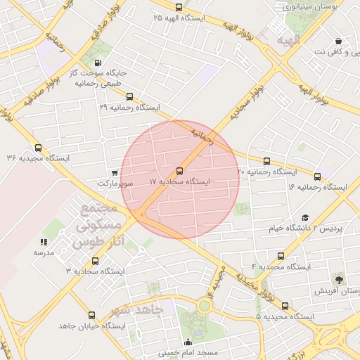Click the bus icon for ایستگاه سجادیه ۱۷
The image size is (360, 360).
pos(180,171)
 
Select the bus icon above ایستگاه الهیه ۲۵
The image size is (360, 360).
pos(179,7)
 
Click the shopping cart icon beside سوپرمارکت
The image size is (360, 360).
pos(115,172)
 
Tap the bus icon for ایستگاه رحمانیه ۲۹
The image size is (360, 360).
pos(127,96)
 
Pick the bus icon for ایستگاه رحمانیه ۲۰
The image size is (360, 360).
pos(266,162)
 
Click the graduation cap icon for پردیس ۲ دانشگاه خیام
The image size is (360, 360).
pos(304,218)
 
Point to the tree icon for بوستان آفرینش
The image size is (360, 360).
pos(340,281)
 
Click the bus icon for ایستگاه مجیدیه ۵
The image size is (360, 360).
pos(285,306)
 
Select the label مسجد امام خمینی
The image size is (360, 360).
pos(188,352)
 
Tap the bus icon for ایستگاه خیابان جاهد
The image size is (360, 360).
pos(90,316)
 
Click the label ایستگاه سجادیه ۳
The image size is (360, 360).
pos(94,271)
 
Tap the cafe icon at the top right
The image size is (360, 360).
pos(340,41)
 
